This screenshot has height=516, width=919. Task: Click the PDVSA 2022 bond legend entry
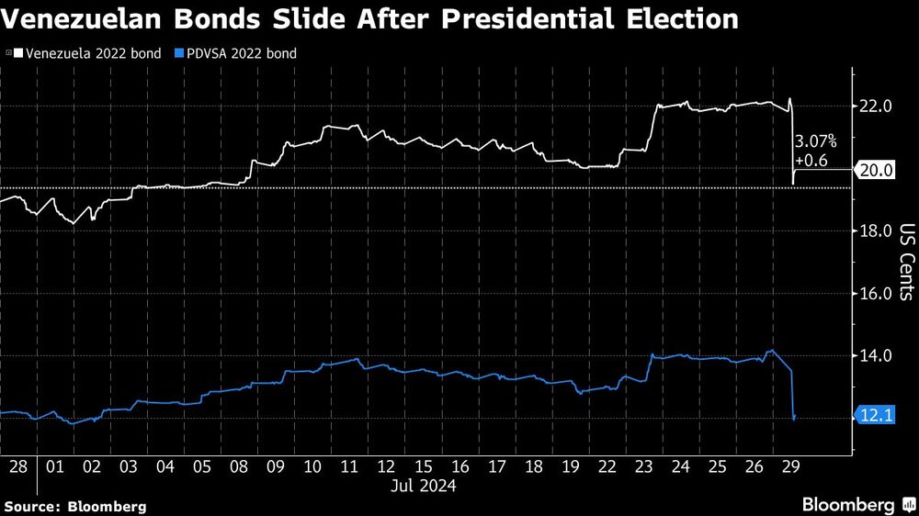(x=237, y=53)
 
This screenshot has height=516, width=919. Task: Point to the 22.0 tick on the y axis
(x=875, y=107)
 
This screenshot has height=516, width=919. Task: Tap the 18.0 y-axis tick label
(x=875, y=231)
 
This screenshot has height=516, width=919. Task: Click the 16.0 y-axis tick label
(x=875, y=294)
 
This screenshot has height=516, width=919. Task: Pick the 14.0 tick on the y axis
(x=875, y=356)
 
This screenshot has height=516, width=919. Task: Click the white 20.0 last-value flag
(x=876, y=170)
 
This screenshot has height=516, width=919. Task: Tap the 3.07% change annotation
(x=816, y=141)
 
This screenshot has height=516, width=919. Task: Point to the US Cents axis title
(x=906, y=262)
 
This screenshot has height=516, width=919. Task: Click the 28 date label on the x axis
(x=17, y=466)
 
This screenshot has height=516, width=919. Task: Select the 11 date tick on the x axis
(x=349, y=466)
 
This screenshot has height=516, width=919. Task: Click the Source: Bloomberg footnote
(x=75, y=506)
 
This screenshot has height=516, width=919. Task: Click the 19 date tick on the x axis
(x=570, y=466)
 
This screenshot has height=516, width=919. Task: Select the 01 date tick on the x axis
(x=54, y=466)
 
